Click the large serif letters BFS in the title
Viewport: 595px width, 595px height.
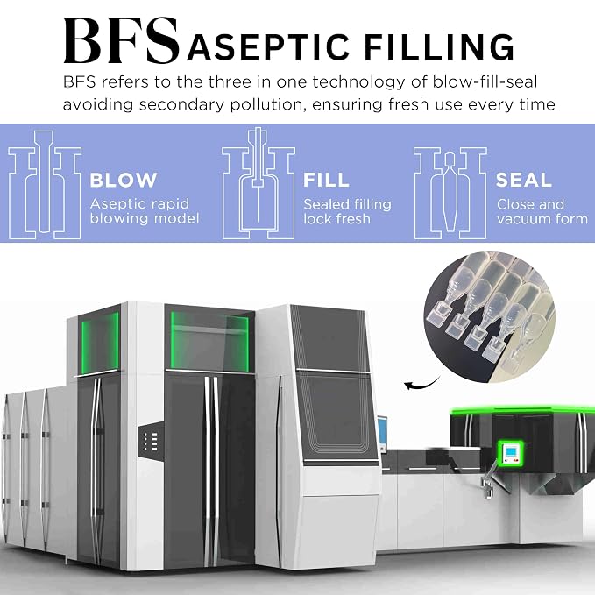coord(122,40)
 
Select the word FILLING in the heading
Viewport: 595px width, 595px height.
coord(439,46)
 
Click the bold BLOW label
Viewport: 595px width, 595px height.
coord(124,180)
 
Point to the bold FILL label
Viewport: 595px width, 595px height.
coord(326,180)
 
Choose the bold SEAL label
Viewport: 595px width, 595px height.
coord(524,180)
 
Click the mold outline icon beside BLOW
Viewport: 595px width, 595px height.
coord(45,185)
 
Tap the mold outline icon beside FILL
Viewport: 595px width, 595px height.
coord(259,184)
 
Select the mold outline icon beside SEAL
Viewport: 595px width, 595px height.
coord(450,194)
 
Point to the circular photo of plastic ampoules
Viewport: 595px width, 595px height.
coord(490,317)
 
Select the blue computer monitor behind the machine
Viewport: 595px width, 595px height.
coord(382,434)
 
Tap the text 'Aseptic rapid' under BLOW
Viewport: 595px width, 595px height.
coord(139,204)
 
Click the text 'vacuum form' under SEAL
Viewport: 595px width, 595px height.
coord(542,219)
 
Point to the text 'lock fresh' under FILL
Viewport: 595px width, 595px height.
coord(336,219)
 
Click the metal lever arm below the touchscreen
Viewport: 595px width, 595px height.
coord(488,478)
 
